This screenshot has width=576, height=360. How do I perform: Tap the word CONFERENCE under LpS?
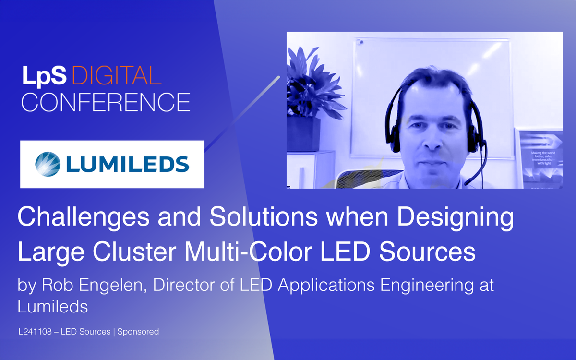pyautogui.click(x=106, y=102)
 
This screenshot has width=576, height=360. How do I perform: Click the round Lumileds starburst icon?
pyautogui.click(x=48, y=164)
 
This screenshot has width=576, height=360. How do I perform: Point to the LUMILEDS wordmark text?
pyautogui.click(x=127, y=164)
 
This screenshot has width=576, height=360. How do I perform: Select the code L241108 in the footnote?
pyautogui.click(x=35, y=332)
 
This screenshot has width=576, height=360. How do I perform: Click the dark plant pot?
pyautogui.click(x=303, y=134)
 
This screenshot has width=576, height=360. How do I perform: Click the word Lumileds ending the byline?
pyautogui.click(x=53, y=306)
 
